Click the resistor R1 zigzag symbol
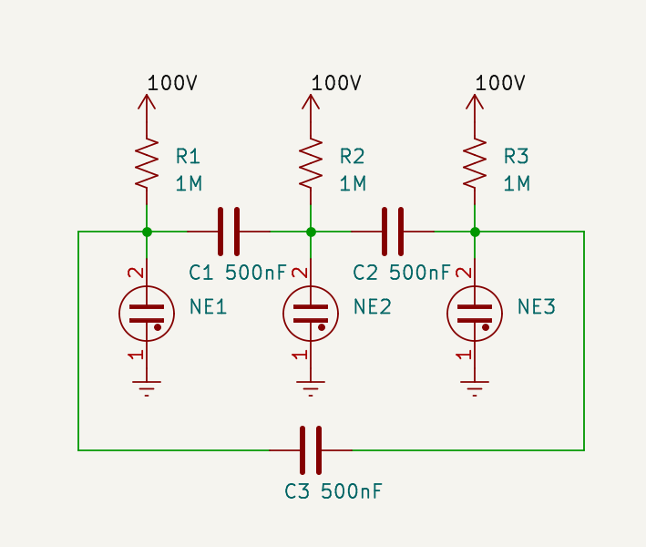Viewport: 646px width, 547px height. pyautogui.click(x=147, y=164)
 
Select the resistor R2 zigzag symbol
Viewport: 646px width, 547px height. pyautogui.click(x=311, y=164)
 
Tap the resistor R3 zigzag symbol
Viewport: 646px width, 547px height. pyautogui.click(x=475, y=164)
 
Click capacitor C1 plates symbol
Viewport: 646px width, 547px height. pyautogui.click(x=229, y=232)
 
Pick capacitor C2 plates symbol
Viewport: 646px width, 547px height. pyautogui.click(x=393, y=232)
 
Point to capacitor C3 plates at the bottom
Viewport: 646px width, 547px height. pyautogui.click(x=311, y=449)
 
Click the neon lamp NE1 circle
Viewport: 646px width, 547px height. pyautogui.click(x=147, y=314)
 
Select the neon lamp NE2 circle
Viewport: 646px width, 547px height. pyautogui.click(x=311, y=314)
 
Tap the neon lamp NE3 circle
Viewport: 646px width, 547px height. pyautogui.click(x=475, y=314)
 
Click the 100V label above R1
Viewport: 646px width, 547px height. pyautogui.click(x=172, y=83)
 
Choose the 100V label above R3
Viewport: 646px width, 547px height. pyautogui.click(x=500, y=83)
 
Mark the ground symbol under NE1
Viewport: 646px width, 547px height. pyautogui.click(x=147, y=388)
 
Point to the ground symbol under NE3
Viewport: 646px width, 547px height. pyautogui.click(x=475, y=388)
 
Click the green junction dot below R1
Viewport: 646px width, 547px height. pyautogui.click(x=147, y=232)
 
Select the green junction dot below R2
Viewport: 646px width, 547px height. pyautogui.click(x=311, y=232)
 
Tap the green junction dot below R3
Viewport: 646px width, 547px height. pyautogui.click(x=475, y=232)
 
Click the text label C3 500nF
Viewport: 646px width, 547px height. pyautogui.click(x=333, y=491)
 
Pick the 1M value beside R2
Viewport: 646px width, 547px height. pyautogui.click(x=353, y=184)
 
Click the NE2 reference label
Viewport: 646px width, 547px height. pyautogui.click(x=372, y=307)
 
